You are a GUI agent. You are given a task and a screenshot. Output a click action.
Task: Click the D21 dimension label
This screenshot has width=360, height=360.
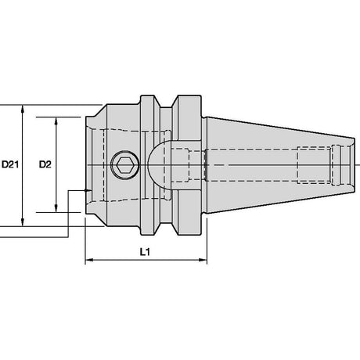10,164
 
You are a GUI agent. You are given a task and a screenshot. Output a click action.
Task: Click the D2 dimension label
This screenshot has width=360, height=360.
45,164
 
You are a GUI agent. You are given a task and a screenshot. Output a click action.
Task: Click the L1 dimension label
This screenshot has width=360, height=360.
145,252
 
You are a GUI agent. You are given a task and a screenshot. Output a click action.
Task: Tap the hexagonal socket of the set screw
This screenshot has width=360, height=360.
125,165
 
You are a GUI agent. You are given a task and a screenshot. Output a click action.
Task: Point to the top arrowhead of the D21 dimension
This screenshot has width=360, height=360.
23,109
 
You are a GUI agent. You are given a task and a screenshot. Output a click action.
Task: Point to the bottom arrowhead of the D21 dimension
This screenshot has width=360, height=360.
23,221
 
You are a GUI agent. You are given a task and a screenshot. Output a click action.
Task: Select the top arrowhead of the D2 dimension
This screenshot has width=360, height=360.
56,121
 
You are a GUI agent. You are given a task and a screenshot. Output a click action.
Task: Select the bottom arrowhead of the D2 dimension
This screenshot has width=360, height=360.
56,208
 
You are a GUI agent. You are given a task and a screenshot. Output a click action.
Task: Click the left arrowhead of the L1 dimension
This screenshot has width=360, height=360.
89,260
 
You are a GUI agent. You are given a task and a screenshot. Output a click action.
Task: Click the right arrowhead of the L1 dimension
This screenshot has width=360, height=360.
203,260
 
